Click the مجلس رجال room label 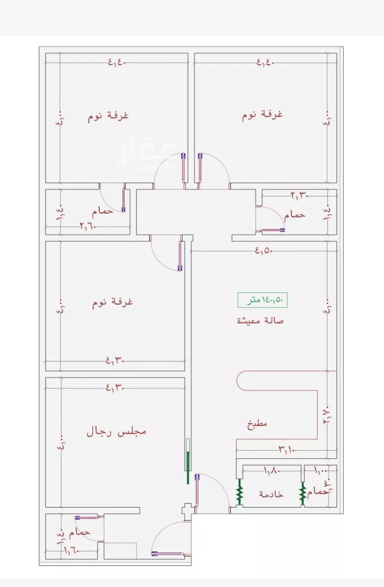[116, 432]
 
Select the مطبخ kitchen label [257, 424]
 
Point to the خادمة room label [271, 494]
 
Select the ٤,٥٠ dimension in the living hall [264, 251]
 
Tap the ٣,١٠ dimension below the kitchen [286, 449]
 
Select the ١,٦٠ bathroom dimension [71, 550]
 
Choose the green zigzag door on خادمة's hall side [239, 492]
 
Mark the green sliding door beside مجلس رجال [188, 461]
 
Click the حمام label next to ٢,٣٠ [295, 215]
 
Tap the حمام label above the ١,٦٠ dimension [80, 532]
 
